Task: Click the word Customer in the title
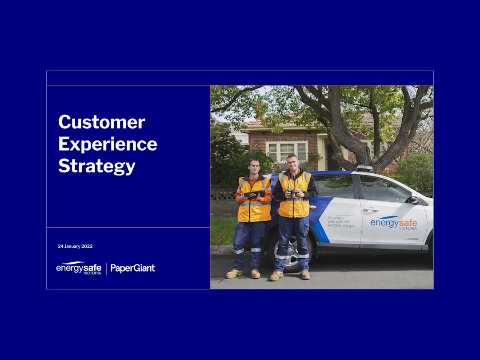(102, 122)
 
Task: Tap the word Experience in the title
(108, 144)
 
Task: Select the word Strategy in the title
(97, 166)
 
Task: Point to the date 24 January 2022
(75, 246)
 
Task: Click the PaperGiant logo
(132, 268)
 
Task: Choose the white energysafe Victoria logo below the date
(79, 268)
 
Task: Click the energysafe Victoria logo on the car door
(394, 223)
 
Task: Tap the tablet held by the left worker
(254, 194)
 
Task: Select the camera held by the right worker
(292, 193)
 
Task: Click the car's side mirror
(414, 200)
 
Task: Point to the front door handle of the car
(371, 210)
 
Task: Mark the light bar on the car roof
(364, 169)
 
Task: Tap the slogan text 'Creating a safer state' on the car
(341, 222)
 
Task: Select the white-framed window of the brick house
(287, 151)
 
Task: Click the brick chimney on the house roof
(260, 110)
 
